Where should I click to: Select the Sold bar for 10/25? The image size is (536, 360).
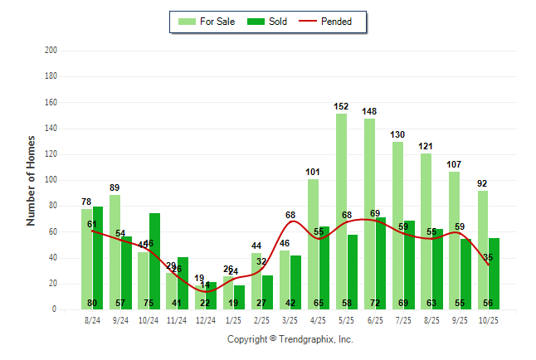[494, 273]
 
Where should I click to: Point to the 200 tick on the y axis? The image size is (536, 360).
[51, 51]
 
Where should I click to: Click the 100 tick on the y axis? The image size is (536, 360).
[51, 180]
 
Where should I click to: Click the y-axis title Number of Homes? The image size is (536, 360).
[31, 180]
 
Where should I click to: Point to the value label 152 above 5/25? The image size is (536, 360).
[341, 106]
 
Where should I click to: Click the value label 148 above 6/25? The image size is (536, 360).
[369, 111]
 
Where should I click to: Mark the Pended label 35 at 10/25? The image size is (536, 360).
[488, 257]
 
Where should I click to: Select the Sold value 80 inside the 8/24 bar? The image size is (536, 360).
[92, 303]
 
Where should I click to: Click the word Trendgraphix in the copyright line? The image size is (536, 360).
[307, 339]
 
